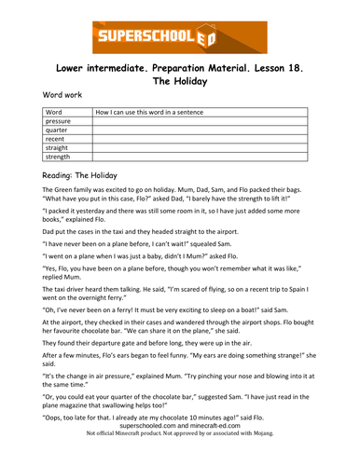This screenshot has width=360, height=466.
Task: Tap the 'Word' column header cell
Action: tap(53, 112)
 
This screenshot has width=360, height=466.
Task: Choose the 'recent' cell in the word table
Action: tap(55, 139)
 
